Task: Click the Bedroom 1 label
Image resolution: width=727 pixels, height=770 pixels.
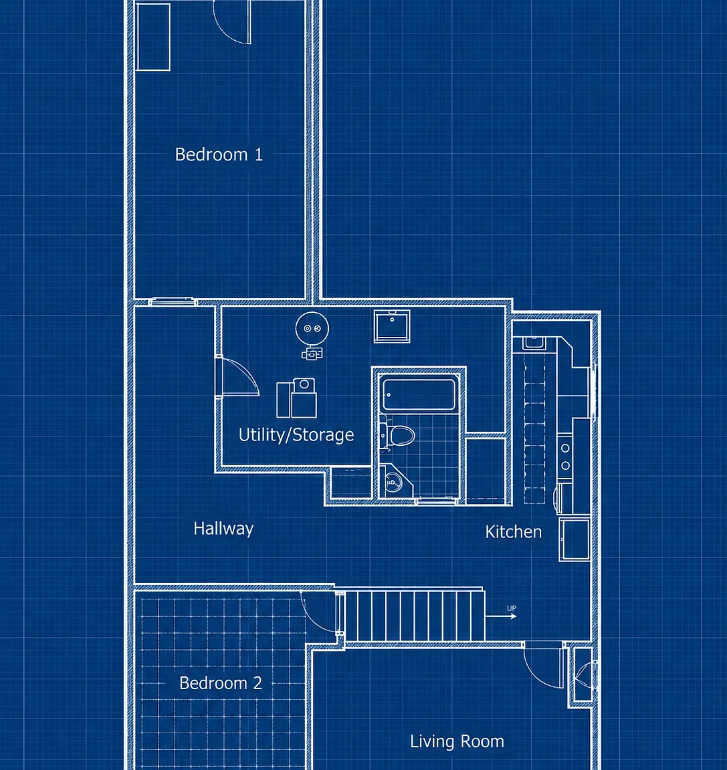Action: [x=219, y=154]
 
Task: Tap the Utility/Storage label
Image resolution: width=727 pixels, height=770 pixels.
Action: [x=296, y=434]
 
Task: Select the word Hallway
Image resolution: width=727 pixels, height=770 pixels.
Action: [x=223, y=529]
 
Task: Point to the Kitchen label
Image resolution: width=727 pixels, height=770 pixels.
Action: [x=514, y=532]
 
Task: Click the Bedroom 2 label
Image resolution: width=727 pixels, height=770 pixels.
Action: [x=221, y=683]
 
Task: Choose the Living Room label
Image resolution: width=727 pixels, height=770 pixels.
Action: [x=457, y=741]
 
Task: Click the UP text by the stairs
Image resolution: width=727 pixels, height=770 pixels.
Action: [x=512, y=608]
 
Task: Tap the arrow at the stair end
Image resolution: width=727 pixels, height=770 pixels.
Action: [x=500, y=616]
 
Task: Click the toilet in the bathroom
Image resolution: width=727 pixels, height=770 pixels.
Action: [x=398, y=435]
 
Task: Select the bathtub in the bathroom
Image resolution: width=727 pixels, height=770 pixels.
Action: [x=419, y=394]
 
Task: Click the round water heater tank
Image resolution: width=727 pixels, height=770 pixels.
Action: [x=312, y=329]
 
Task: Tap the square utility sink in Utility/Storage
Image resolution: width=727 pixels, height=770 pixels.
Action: [x=392, y=326]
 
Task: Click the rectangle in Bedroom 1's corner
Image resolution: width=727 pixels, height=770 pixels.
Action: [x=153, y=37]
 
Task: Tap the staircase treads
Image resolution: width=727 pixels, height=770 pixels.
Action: [x=415, y=616]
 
